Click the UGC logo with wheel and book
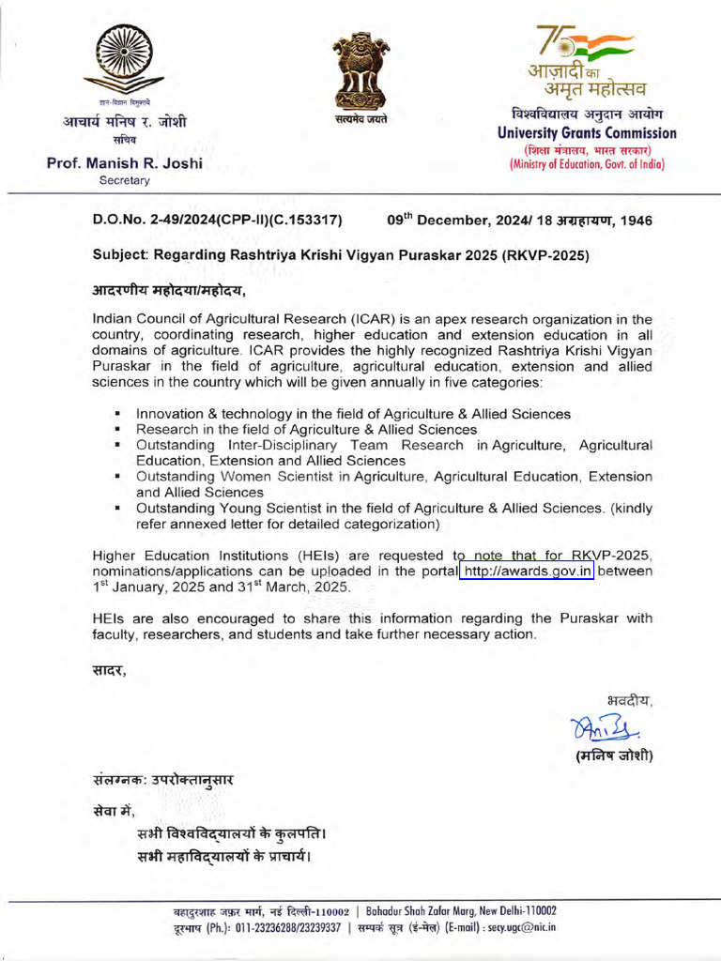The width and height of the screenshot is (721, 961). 125,58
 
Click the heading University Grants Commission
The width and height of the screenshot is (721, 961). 587,133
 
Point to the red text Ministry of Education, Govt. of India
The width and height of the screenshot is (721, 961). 587,164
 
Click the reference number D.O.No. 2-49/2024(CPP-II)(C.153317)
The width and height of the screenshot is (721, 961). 217,221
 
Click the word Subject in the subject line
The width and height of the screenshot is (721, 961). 120,255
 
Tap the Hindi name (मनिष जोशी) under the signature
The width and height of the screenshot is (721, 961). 614,755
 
